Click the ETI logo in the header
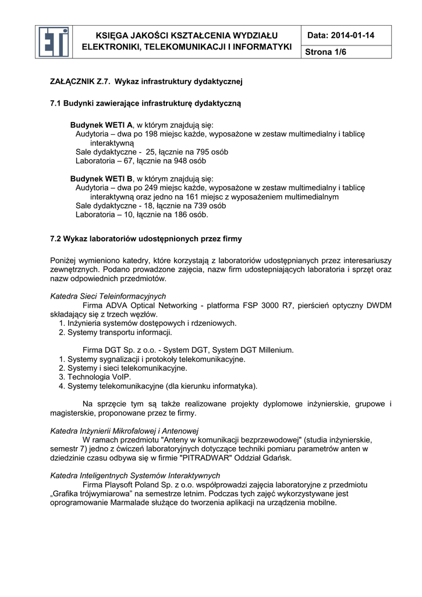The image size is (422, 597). click(54, 42)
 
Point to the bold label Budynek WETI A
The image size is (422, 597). click(101, 125)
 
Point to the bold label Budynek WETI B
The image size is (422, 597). click(101, 178)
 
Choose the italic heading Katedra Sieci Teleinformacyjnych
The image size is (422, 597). click(108, 296)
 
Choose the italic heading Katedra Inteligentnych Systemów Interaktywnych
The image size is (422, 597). click(135, 476)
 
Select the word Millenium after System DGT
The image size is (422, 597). click(274, 350)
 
